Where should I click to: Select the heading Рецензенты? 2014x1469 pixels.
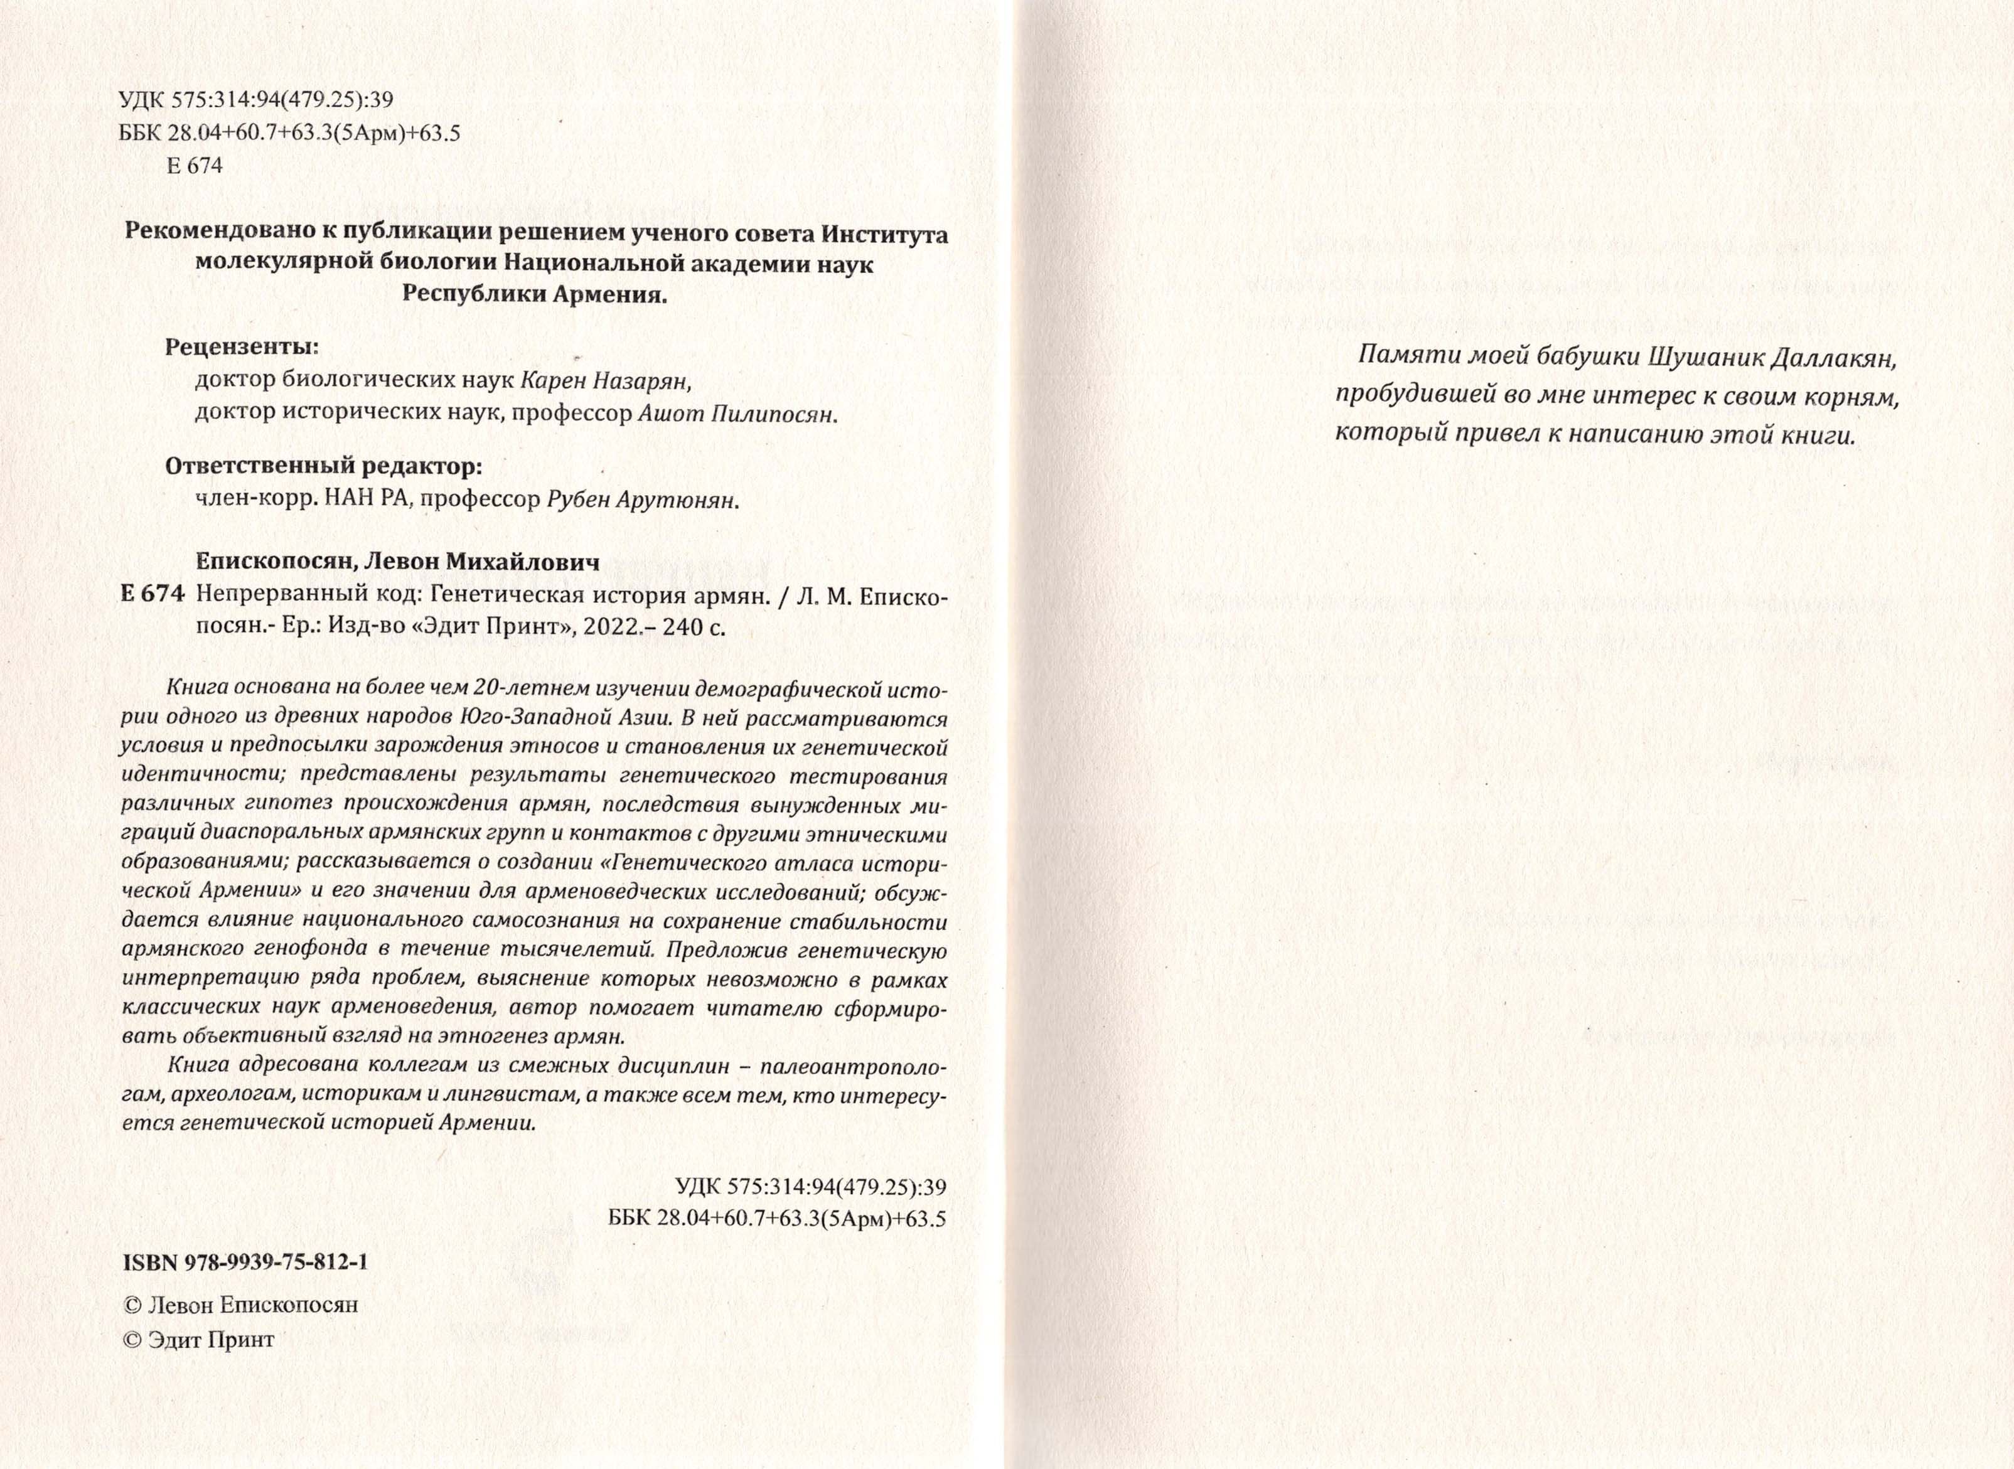pos(241,347)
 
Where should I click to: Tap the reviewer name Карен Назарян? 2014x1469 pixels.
pos(604,382)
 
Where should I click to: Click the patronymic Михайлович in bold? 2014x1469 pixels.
pos(518,562)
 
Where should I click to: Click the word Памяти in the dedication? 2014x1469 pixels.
pos(1391,358)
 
